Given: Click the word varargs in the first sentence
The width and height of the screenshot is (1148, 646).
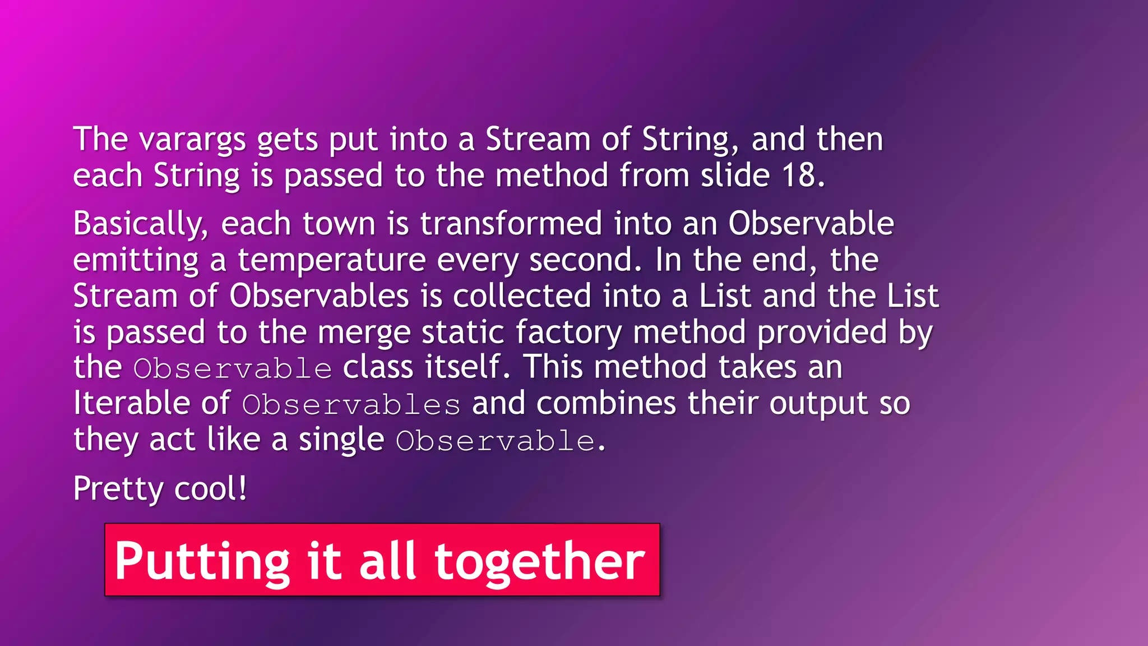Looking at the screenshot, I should pyautogui.click(x=192, y=140).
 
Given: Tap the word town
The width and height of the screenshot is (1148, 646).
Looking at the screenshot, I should pyautogui.click(x=339, y=224).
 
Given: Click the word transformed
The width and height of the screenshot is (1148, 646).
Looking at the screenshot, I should pyautogui.click(x=511, y=224).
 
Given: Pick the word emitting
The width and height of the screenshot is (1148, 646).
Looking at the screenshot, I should pyautogui.click(x=136, y=261).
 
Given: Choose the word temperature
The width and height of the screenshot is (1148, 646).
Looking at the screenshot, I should pyautogui.click(x=331, y=261).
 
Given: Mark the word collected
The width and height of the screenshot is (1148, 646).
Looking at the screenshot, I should pyautogui.click(x=522, y=296).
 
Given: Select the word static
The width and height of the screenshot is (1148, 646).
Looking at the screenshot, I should pyautogui.click(x=462, y=332).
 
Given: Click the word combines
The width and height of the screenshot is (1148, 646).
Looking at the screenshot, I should pyautogui.click(x=606, y=403).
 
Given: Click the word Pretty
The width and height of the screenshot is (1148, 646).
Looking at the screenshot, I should pyautogui.click(x=118, y=489).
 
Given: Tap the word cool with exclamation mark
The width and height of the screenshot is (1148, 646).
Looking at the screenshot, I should pyautogui.click(x=211, y=489).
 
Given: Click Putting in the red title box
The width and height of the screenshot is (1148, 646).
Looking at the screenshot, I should pyautogui.click(x=202, y=561).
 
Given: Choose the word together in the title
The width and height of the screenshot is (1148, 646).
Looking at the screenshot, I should pyautogui.click(x=540, y=561).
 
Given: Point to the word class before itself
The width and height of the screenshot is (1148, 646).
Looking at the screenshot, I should pyautogui.click(x=378, y=367).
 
